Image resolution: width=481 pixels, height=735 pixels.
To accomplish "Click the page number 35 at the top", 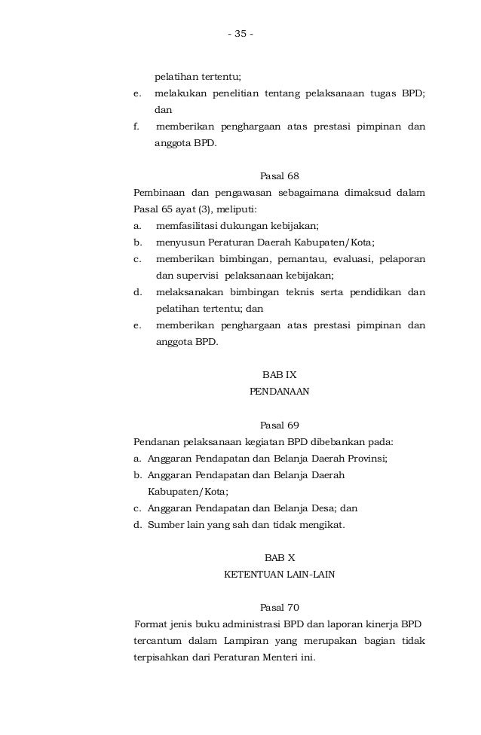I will point(240,35).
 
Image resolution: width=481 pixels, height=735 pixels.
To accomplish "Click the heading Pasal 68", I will point(279,176).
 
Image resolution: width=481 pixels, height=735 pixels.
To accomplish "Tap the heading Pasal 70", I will point(279,607).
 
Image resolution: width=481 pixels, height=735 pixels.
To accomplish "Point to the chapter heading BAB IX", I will point(279,374).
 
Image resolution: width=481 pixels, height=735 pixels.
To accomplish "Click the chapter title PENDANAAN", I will point(279,392).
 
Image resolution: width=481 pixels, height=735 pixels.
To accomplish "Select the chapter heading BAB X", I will point(279,557).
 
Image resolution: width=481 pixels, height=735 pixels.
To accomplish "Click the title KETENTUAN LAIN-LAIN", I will point(279,575).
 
